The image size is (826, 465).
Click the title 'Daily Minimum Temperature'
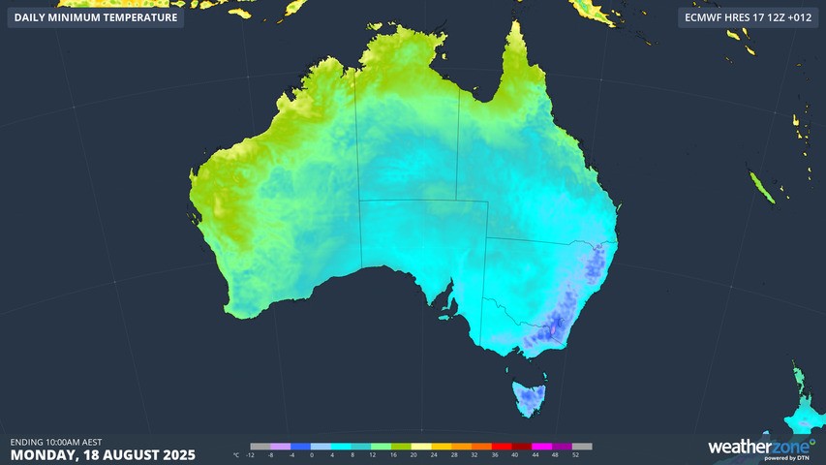tap(96, 17)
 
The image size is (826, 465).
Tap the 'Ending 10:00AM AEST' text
tap(56, 442)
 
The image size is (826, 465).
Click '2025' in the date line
tap(178, 454)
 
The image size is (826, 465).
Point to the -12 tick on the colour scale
tap(251, 453)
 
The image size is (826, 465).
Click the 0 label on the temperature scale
tap(312, 453)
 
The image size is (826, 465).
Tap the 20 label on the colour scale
tap(413, 453)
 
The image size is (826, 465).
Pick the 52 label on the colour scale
tap(575, 453)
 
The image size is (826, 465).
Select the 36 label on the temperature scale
tap(494, 453)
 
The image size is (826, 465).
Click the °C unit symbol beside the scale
tap(236, 453)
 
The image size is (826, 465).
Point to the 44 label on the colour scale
tap(535, 453)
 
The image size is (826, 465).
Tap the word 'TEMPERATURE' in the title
tap(137, 17)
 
